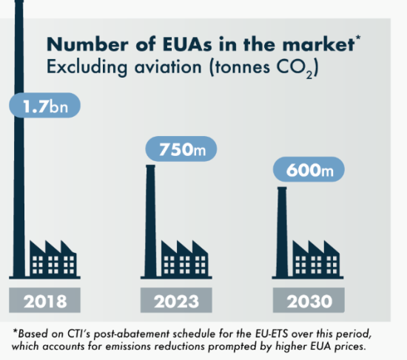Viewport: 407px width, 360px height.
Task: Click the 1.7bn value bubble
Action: click(x=44, y=105)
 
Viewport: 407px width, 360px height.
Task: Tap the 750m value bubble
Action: click(x=181, y=149)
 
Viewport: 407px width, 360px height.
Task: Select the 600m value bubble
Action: click(x=309, y=169)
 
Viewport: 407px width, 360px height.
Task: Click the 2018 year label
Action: click(x=44, y=300)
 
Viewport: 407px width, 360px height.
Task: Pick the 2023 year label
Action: click(x=176, y=300)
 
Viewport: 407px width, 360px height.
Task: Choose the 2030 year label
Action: click(x=309, y=300)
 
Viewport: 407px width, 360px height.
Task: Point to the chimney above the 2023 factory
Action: click(x=150, y=221)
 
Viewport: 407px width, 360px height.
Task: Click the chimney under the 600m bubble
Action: click(x=282, y=232)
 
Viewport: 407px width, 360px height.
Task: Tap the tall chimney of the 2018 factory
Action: click(x=19, y=138)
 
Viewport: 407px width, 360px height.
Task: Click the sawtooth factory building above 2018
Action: click(x=53, y=258)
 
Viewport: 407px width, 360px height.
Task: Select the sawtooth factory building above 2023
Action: click(x=184, y=258)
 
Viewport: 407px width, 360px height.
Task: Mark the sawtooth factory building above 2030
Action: click(x=316, y=258)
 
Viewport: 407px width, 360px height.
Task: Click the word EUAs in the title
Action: click(x=187, y=44)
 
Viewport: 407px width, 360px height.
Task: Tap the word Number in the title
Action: click(x=87, y=44)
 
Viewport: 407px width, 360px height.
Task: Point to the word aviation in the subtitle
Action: click(x=168, y=67)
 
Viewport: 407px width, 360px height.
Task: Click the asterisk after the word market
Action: click(x=358, y=38)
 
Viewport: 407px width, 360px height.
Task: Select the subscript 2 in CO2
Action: click(x=309, y=75)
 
